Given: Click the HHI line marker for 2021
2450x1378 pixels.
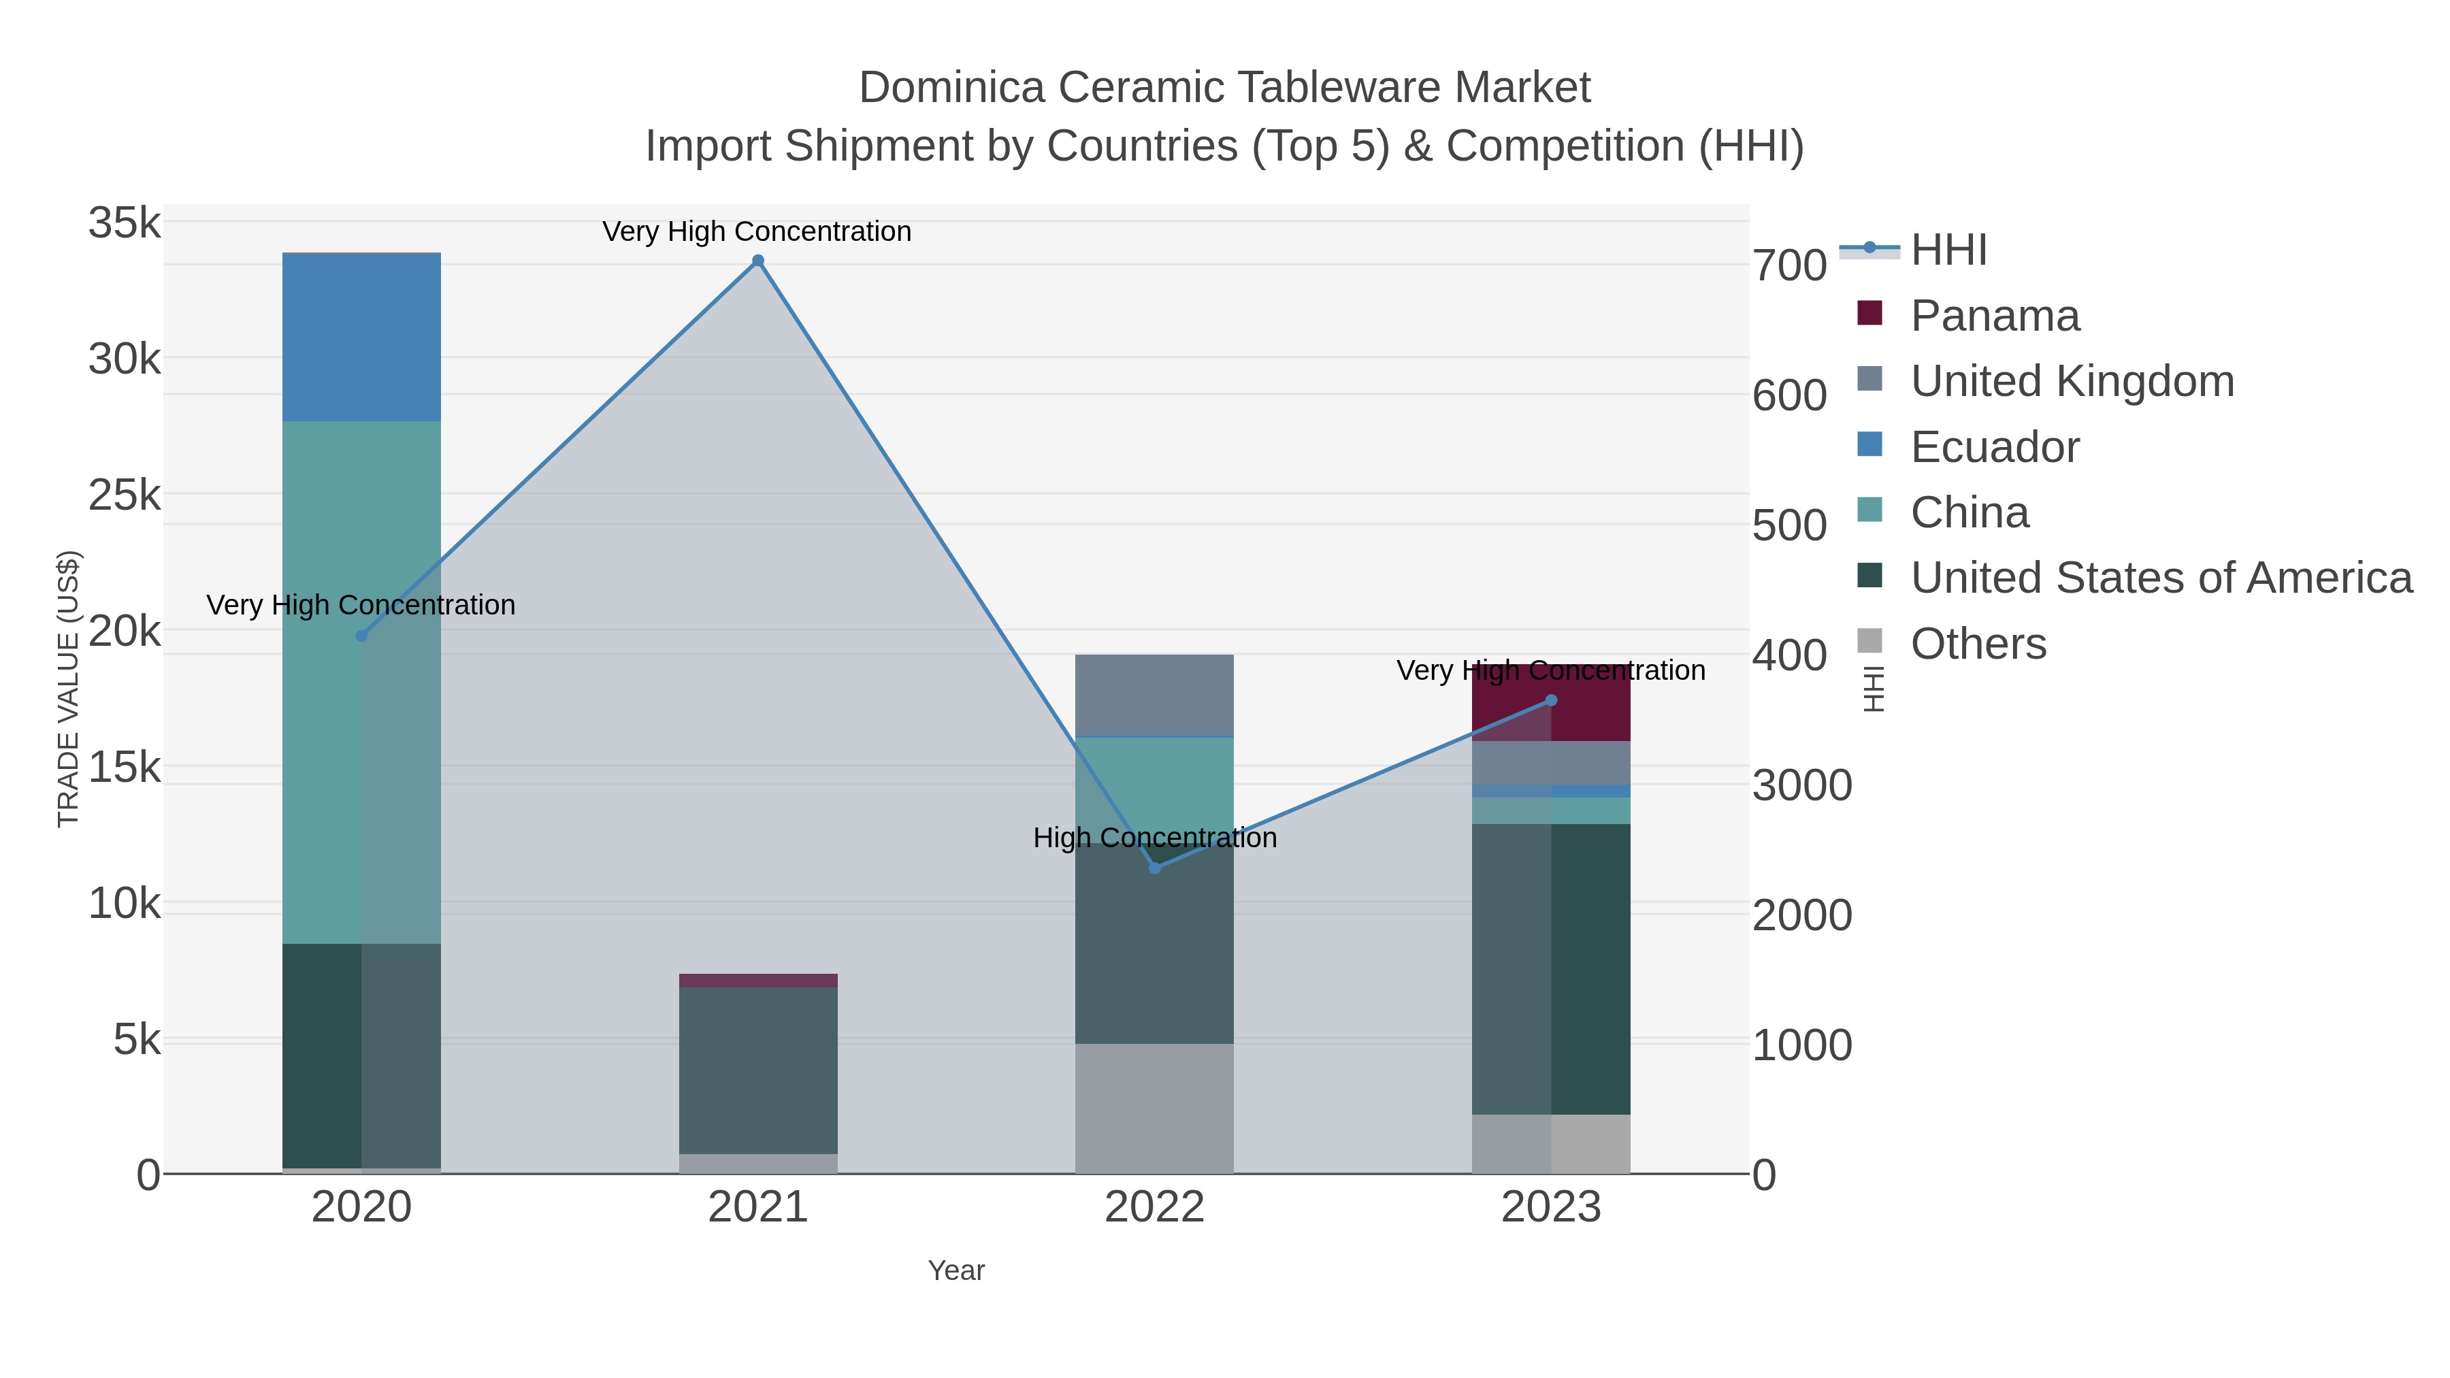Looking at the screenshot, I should click(x=758, y=261).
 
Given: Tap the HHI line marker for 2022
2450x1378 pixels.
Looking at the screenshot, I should click(x=1155, y=868).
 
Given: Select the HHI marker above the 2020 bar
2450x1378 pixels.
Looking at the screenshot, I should click(x=361, y=636).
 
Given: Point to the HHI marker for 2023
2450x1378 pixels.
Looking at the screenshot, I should click(x=1551, y=700).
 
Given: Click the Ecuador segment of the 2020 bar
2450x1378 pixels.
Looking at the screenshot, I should click(x=361, y=337).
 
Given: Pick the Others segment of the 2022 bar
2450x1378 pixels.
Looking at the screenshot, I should click(x=1155, y=1108).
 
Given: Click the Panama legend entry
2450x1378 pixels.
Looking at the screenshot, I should click(x=1995, y=316).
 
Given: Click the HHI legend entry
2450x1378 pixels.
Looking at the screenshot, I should click(x=1948, y=250).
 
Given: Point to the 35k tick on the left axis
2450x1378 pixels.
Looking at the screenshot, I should click(x=125, y=223).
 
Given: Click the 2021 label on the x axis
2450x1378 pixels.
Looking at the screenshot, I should click(x=758, y=1207).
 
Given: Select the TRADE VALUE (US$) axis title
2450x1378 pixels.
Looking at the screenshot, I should click(x=69, y=689).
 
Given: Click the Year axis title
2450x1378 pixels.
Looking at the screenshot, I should click(x=956, y=1270).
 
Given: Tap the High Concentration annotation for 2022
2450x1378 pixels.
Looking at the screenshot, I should click(x=1155, y=838).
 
